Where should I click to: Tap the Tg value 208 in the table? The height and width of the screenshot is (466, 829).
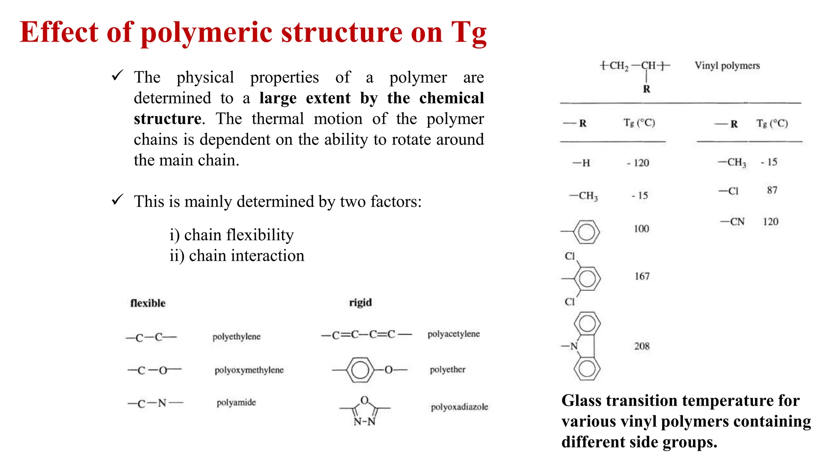tap(642, 346)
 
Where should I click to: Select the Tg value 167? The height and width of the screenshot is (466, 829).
tap(642, 276)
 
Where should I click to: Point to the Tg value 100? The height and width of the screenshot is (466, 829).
tap(641, 229)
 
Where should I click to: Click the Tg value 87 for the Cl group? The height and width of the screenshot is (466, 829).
tap(772, 190)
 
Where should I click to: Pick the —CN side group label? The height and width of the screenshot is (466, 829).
tap(733, 222)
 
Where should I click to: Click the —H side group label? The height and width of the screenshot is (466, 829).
tap(582, 163)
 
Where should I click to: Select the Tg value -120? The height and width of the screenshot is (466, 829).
tap(638, 163)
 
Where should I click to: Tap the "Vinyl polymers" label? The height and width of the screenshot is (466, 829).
tap(727, 66)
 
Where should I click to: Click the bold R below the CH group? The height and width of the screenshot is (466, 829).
tap(646, 89)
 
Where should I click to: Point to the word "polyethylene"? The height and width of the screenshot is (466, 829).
tap(236, 337)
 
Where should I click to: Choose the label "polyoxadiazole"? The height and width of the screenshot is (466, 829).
tap(459, 407)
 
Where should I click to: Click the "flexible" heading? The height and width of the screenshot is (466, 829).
tap(148, 303)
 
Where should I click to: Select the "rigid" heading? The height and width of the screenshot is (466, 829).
tap(360, 303)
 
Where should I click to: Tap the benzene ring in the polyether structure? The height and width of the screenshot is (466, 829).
tap(360, 370)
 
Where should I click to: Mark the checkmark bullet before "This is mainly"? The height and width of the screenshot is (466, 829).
tap(117, 199)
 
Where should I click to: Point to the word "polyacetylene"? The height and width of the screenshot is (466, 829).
tap(453, 334)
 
